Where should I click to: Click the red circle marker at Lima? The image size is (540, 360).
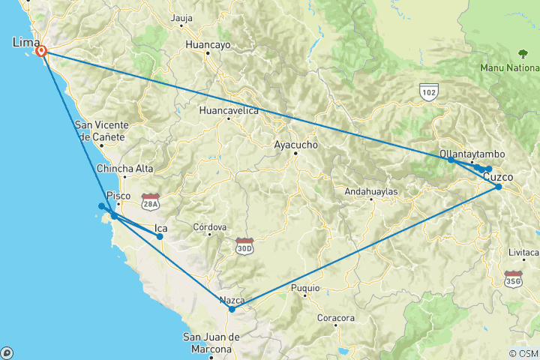[42, 51]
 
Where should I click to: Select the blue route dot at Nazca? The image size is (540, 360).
[232, 309]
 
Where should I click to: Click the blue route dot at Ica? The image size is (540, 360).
[160, 237]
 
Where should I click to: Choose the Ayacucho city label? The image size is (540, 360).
[296, 144]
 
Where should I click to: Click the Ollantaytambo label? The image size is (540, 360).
[472, 154]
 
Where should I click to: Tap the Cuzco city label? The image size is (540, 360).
[498, 177]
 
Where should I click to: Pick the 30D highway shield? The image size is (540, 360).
[244, 247]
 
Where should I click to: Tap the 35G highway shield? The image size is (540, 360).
[513, 280]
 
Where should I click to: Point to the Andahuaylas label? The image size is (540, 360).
[370, 192]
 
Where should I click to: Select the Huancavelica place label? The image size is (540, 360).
[229, 111]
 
